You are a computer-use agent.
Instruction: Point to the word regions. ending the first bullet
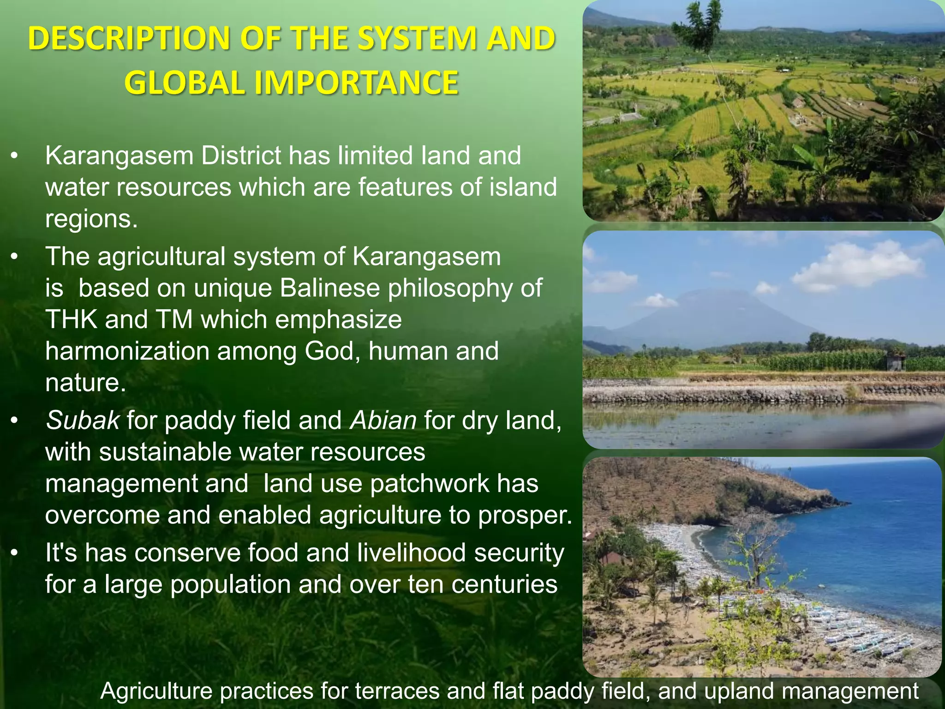[91, 219]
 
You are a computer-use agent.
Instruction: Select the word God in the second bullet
[332, 351]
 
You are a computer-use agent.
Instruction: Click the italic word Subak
[83, 421]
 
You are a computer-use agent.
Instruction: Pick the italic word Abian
[383, 421]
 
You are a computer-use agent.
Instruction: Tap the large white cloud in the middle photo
[858, 265]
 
